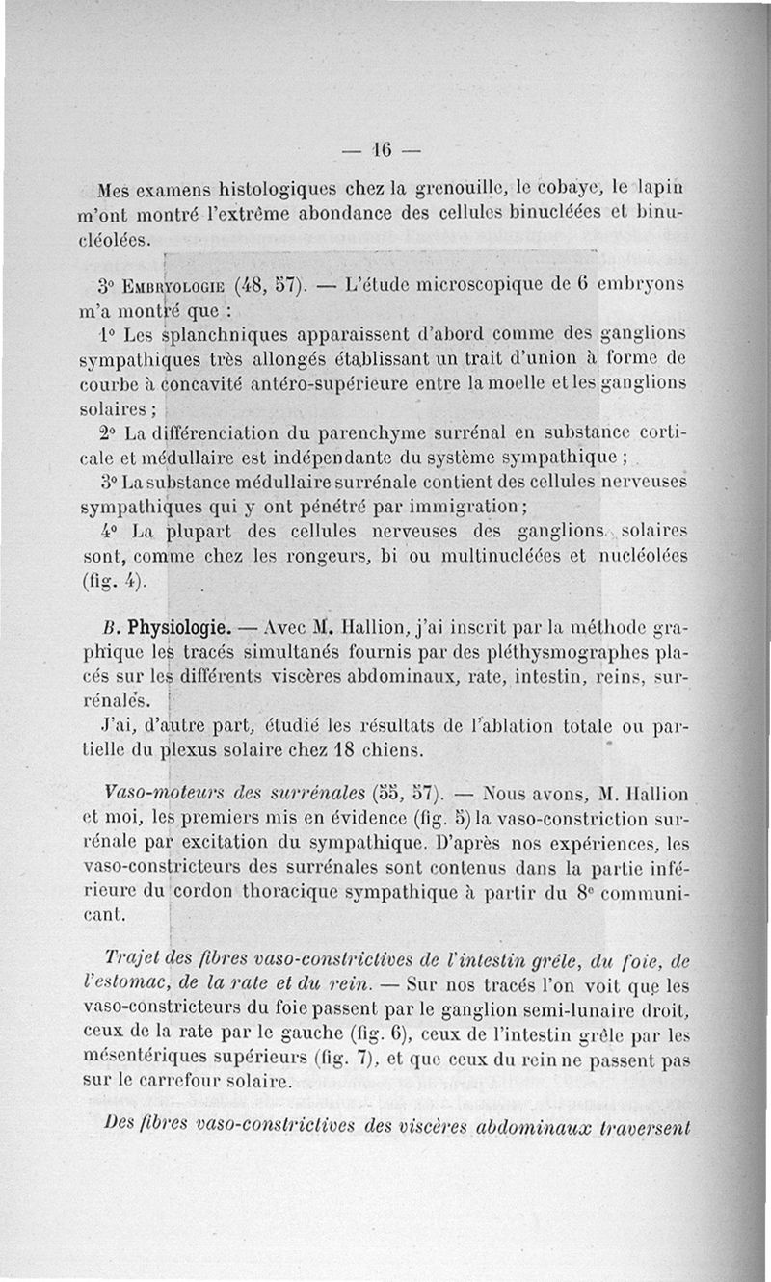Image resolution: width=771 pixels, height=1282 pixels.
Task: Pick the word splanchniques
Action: (224, 336)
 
